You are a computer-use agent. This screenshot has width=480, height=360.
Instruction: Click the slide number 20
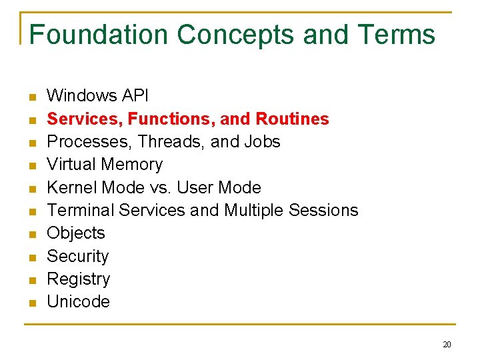(x=447, y=344)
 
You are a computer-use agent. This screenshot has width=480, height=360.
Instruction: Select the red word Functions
(x=170, y=119)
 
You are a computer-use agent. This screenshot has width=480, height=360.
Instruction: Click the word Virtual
(x=73, y=164)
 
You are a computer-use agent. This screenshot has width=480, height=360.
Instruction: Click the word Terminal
(x=81, y=210)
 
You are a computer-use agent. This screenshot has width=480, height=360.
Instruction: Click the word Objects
(x=76, y=233)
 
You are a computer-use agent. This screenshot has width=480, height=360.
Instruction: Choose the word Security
(x=78, y=256)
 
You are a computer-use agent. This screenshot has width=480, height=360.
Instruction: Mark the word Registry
(x=79, y=279)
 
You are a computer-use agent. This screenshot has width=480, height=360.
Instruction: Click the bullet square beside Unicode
(x=31, y=303)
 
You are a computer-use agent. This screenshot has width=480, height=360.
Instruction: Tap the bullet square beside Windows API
(x=31, y=98)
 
